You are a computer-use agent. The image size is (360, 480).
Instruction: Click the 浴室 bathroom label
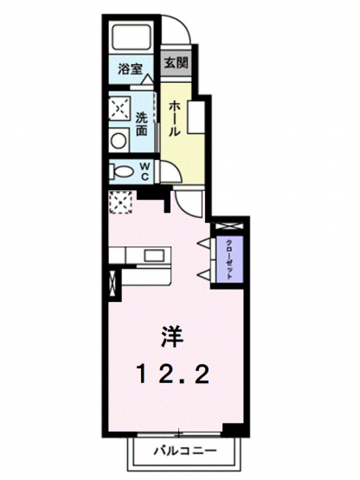[130, 69]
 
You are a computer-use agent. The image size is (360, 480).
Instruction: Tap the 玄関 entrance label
[177, 63]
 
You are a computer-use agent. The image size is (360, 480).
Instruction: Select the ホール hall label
[173, 118]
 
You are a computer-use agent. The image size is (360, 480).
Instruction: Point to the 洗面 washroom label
[142, 124]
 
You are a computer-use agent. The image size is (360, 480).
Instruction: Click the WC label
[145, 171]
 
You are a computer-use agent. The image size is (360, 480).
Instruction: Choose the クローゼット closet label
[228, 259]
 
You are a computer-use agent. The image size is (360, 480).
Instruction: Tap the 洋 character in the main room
[172, 336]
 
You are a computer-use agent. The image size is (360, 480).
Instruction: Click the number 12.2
[173, 374]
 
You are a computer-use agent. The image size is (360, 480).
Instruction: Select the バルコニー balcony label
[185, 451]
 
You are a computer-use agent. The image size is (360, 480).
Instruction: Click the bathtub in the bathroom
[132, 37]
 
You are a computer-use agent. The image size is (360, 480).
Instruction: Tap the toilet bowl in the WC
[121, 171]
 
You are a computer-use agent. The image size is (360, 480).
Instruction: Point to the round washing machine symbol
[118, 141]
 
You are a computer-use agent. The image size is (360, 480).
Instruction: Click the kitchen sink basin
[154, 255]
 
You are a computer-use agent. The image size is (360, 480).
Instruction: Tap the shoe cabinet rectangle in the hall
[196, 117]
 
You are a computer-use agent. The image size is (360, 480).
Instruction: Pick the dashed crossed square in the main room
[120, 202]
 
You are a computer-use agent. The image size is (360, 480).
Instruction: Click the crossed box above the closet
[229, 227]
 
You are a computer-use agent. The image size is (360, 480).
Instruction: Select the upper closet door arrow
[203, 244]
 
